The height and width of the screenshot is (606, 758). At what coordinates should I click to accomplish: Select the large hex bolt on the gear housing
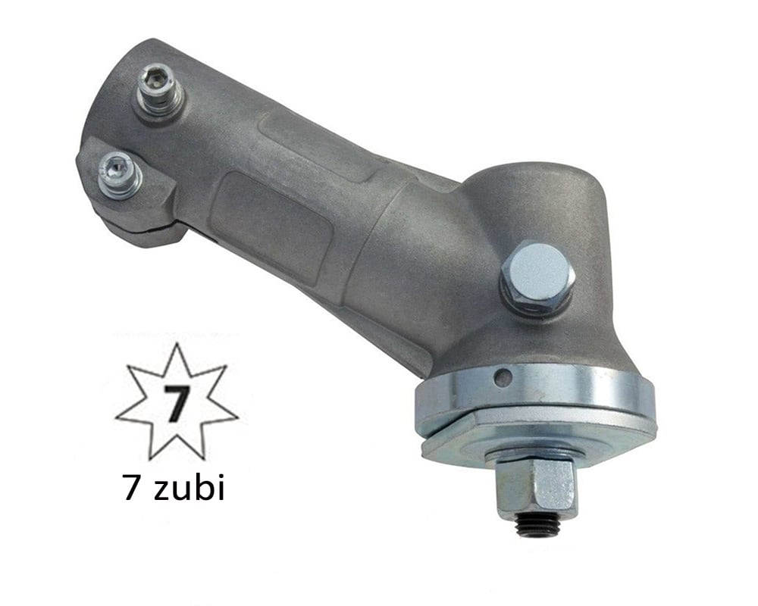click(537, 273)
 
